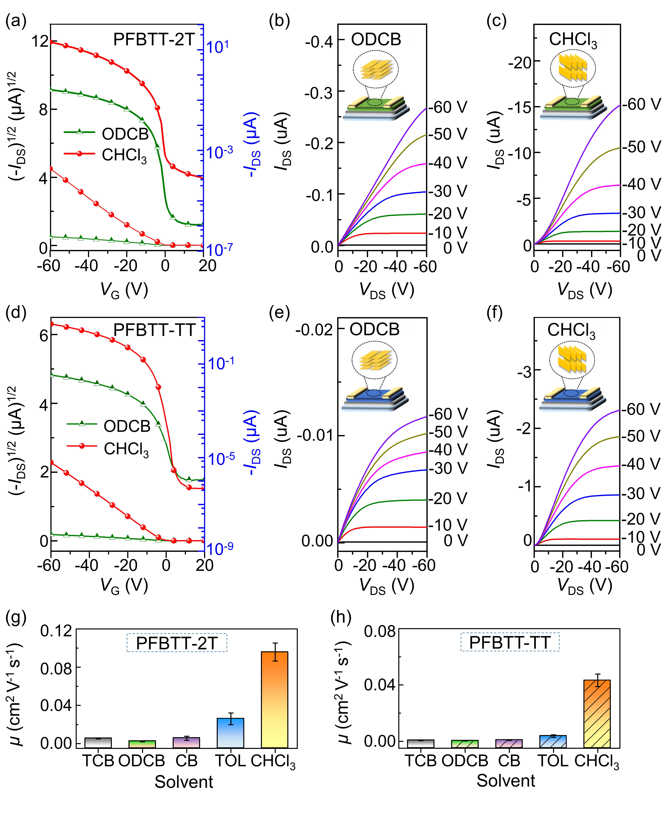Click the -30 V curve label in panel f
pos(641,493)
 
